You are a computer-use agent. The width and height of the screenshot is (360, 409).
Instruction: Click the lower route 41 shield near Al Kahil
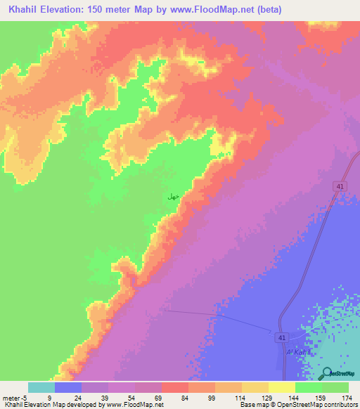[281, 338]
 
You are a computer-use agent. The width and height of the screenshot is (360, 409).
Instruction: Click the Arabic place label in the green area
[172, 197]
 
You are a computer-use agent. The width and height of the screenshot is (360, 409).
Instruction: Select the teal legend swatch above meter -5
[41, 387]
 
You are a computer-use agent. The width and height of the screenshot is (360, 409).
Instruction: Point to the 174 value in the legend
[347, 397]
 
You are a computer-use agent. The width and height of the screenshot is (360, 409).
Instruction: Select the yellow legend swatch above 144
[281, 387]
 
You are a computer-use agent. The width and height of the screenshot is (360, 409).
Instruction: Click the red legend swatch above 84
[174, 387]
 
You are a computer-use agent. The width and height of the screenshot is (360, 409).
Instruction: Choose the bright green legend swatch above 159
[308, 387]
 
